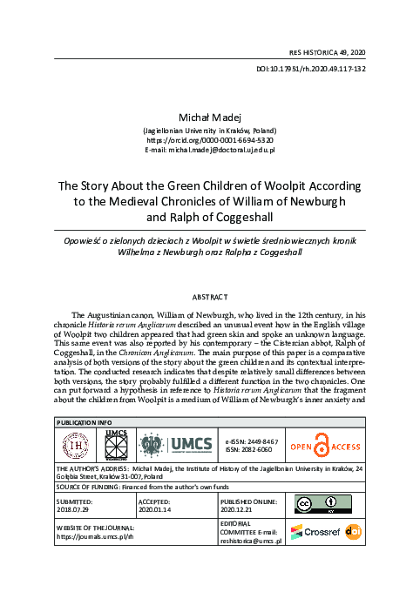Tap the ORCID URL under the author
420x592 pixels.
[209, 139]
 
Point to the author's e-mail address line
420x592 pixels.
[209, 150]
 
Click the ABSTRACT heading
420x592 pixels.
[210, 297]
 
